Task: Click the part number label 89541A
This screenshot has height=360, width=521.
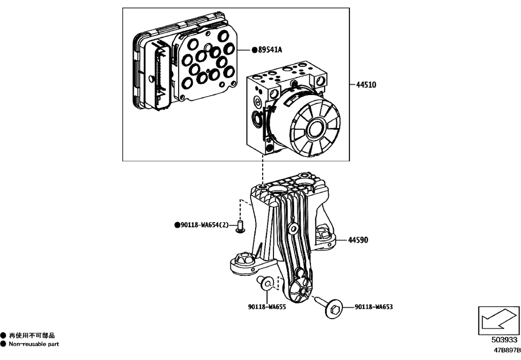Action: [x=270, y=50]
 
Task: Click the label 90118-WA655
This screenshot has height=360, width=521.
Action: [x=266, y=307]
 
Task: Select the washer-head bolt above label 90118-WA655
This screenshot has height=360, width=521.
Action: [x=268, y=283]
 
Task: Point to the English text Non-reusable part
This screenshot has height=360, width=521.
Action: [x=34, y=344]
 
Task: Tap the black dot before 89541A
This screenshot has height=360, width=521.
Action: [x=254, y=50]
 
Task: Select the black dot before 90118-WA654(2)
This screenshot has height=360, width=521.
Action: [x=177, y=225]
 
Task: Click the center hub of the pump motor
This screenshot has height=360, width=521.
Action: [x=314, y=130]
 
